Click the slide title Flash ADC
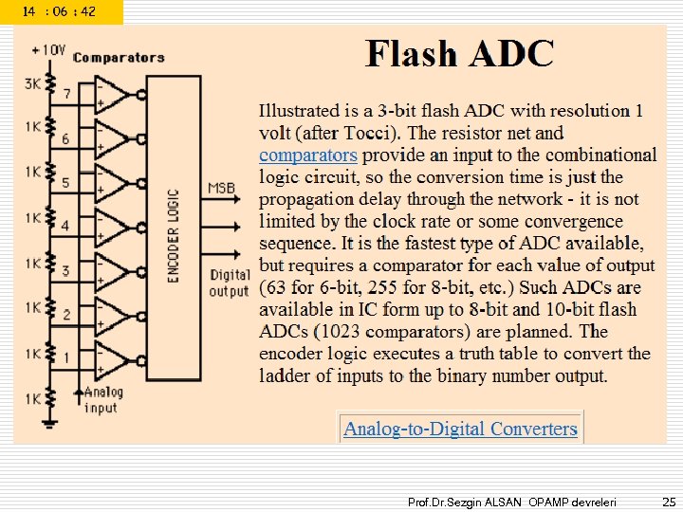coord(459,54)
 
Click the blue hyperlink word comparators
coord(308,155)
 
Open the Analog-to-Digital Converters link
coord(460,429)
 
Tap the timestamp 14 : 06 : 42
coord(59,11)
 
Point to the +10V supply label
coord(48,49)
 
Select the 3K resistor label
coord(33,83)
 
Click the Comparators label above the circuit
coord(119,58)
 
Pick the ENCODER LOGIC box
coord(174,235)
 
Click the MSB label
coord(222,188)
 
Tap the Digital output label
coord(230,283)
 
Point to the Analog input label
coord(102,400)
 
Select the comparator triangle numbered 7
coord(115,94)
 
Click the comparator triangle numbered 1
coord(115,359)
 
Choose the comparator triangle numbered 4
coord(115,227)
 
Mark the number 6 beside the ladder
coord(65,138)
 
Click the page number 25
coord(669,500)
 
